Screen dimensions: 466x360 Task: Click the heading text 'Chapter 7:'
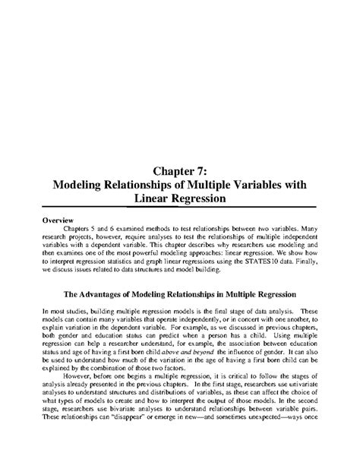point(180,170)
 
